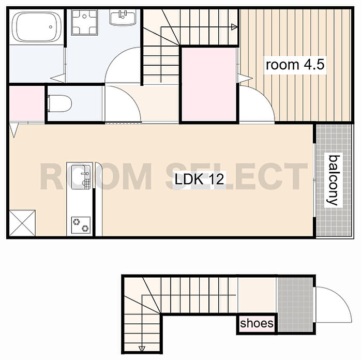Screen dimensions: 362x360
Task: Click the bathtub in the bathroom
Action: click(x=37, y=27)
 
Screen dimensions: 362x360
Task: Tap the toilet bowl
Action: click(x=59, y=103)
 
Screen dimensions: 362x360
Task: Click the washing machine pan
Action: click(x=84, y=22)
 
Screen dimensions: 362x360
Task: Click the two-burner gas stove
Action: click(x=81, y=225)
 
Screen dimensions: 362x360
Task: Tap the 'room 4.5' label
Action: click(x=295, y=65)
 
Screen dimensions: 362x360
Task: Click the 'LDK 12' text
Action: click(x=199, y=179)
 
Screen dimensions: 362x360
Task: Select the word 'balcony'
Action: click(x=334, y=181)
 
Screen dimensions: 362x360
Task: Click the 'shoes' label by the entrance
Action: click(x=257, y=323)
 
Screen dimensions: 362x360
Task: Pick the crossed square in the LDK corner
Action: click(x=22, y=223)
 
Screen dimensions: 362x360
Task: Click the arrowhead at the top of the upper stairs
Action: click(x=234, y=27)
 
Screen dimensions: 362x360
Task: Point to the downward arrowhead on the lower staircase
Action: click(x=142, y=349)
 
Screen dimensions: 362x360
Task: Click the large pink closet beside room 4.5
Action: click(x=209, y=84)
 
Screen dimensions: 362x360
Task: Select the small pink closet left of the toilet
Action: click(x=27, y=103)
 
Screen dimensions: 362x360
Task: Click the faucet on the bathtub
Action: click(x=51, y=27)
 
